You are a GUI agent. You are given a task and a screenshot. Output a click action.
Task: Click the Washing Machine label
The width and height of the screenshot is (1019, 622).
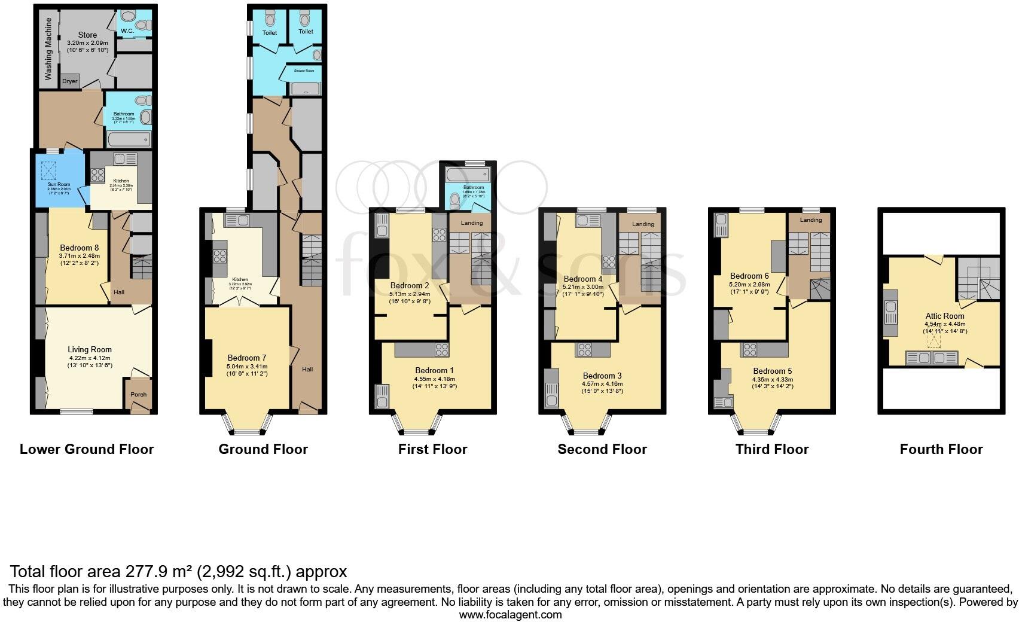(48, 49)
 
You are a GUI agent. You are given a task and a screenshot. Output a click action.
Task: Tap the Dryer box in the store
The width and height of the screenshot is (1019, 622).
(70, 81)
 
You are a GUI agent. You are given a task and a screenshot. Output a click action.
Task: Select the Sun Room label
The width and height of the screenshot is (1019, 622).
(59, 185)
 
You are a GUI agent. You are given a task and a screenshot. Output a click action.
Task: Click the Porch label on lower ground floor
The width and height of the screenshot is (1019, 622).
(138, 394)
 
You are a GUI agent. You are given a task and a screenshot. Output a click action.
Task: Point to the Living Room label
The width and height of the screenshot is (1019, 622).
(90, 350)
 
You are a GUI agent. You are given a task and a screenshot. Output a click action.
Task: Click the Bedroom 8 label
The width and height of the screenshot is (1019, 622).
(79, 248)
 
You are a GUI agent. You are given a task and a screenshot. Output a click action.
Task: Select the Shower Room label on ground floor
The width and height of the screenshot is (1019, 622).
(304, 71)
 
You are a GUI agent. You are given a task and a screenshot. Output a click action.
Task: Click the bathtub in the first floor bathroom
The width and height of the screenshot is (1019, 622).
(467, 175)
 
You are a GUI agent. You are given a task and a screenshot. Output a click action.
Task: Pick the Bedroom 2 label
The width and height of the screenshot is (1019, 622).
(410, 285)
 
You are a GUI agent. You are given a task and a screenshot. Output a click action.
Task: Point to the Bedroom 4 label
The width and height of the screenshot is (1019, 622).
(583, 279)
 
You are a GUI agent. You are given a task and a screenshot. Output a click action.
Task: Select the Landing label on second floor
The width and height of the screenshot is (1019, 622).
(643, 224)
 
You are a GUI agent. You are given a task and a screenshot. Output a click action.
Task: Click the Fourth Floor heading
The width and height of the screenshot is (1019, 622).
(941, 449)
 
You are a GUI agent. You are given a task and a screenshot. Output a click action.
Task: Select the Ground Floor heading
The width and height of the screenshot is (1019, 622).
(263, 449)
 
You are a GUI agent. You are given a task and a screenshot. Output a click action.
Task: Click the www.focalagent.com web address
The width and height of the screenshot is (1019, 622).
(510, 614)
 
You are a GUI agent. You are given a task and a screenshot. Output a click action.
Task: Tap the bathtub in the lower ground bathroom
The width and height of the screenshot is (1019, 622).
(129, 140)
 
